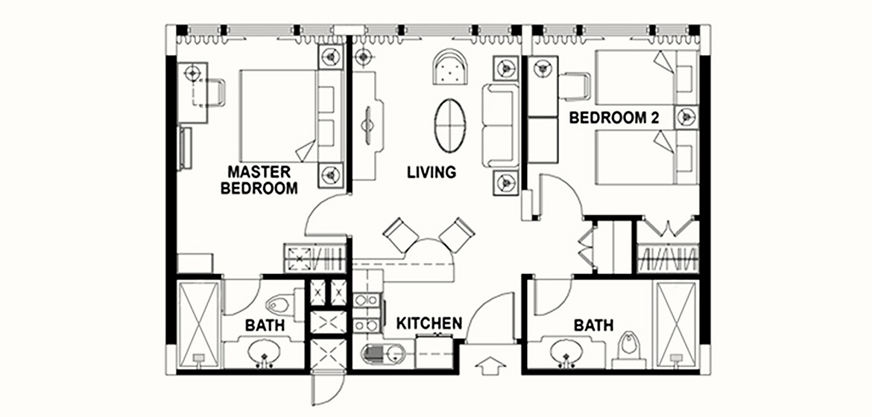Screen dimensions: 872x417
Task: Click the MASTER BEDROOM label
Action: click(259, 179)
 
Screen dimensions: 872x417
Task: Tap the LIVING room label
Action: click(432, 172)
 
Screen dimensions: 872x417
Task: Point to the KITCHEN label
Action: click(429, 323)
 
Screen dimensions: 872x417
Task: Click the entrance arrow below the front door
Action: click(491, 366)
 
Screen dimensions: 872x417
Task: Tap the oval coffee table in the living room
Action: click(450, 125)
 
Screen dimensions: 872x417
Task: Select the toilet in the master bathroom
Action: click(279, 304)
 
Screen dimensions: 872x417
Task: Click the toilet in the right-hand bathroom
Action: click(629, 348)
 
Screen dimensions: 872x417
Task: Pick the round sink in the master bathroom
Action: click(265, 352)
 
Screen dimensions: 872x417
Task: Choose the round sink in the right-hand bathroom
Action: click(566, 352)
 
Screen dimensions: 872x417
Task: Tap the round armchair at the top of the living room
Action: click(450, 66)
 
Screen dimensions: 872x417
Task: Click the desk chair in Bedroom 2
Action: click(575, 86)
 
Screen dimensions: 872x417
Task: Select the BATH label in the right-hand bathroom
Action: click(593, 325)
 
